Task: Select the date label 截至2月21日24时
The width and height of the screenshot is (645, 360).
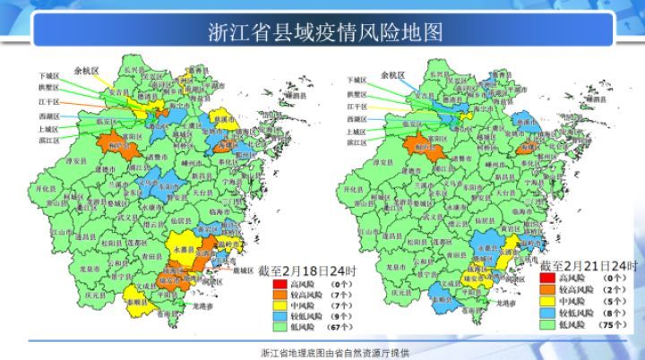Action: (588, 266)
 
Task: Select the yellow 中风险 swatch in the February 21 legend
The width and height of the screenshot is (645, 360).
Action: (548, 301)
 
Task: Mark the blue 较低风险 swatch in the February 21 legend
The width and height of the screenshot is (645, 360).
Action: (548, 312)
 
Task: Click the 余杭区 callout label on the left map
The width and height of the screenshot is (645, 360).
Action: (87, 68)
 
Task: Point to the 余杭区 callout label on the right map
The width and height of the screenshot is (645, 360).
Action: (392, 75)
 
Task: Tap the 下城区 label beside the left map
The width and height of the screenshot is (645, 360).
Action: (47, 76)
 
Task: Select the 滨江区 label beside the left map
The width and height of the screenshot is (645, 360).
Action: (47, 141)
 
